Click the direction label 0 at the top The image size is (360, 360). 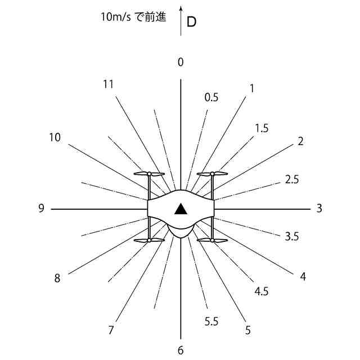point(181,62)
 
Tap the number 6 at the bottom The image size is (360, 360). point(181,350)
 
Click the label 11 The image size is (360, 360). point(109,84)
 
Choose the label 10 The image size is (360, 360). point(55,137)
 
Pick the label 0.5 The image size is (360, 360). point(211,97)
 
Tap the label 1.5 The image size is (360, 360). point(262,128)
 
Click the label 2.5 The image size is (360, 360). point(292,180)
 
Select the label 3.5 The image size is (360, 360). point(291,237)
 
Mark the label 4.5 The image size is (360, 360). point(262,291)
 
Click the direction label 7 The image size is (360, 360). point(111,330)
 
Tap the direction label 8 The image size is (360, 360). point(57,278)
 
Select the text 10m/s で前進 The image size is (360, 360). point(134,17)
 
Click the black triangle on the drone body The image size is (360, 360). point(181,210)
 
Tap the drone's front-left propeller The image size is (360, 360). point(149,174)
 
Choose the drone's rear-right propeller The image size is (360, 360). point(212,240)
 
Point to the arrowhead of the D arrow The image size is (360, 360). point(181,8)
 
